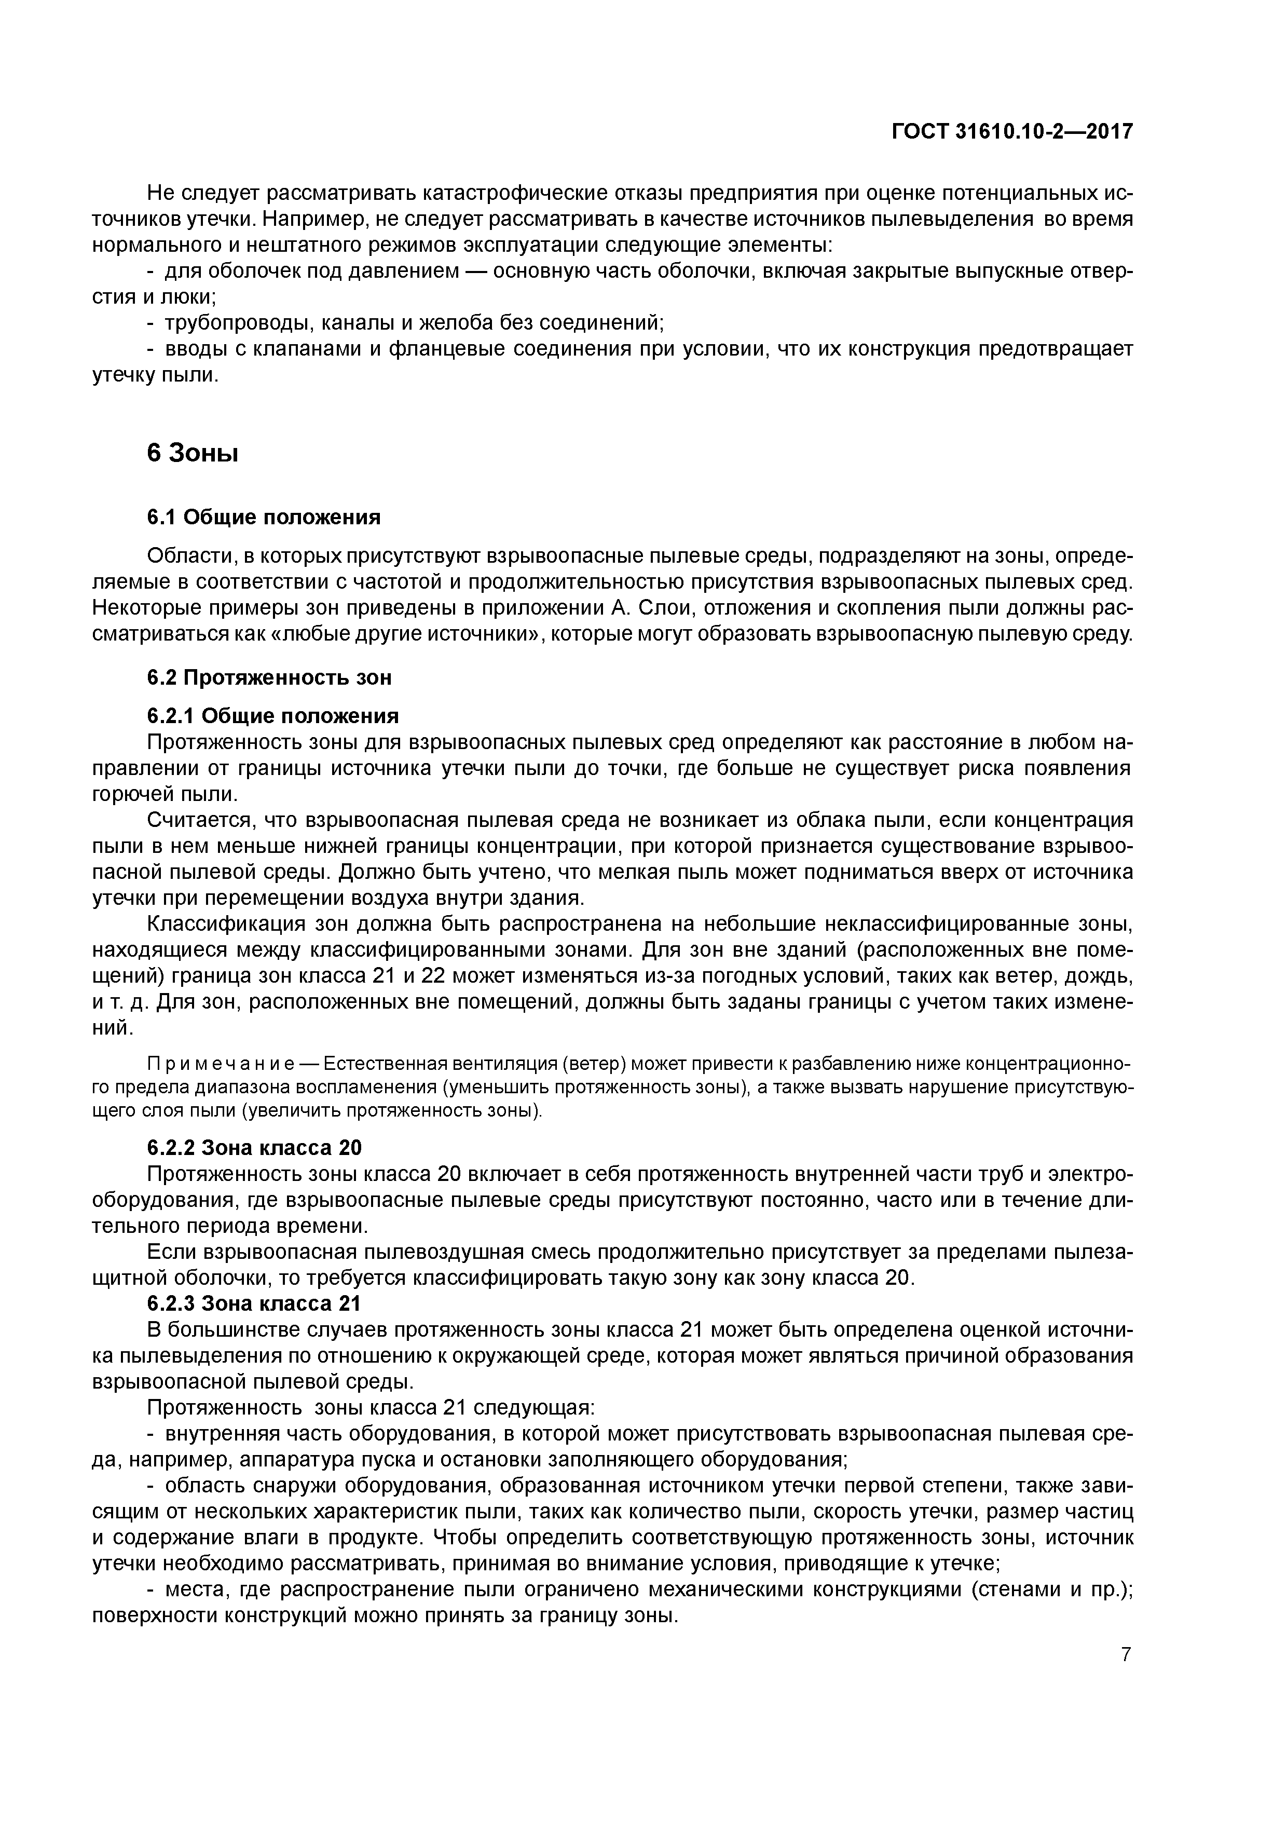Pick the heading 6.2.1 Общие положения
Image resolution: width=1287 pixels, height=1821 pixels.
tap(273, 716)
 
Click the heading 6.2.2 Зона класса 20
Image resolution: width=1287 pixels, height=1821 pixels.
tap(254, 1148)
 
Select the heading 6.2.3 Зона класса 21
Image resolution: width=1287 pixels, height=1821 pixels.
tap(254, 1303)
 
